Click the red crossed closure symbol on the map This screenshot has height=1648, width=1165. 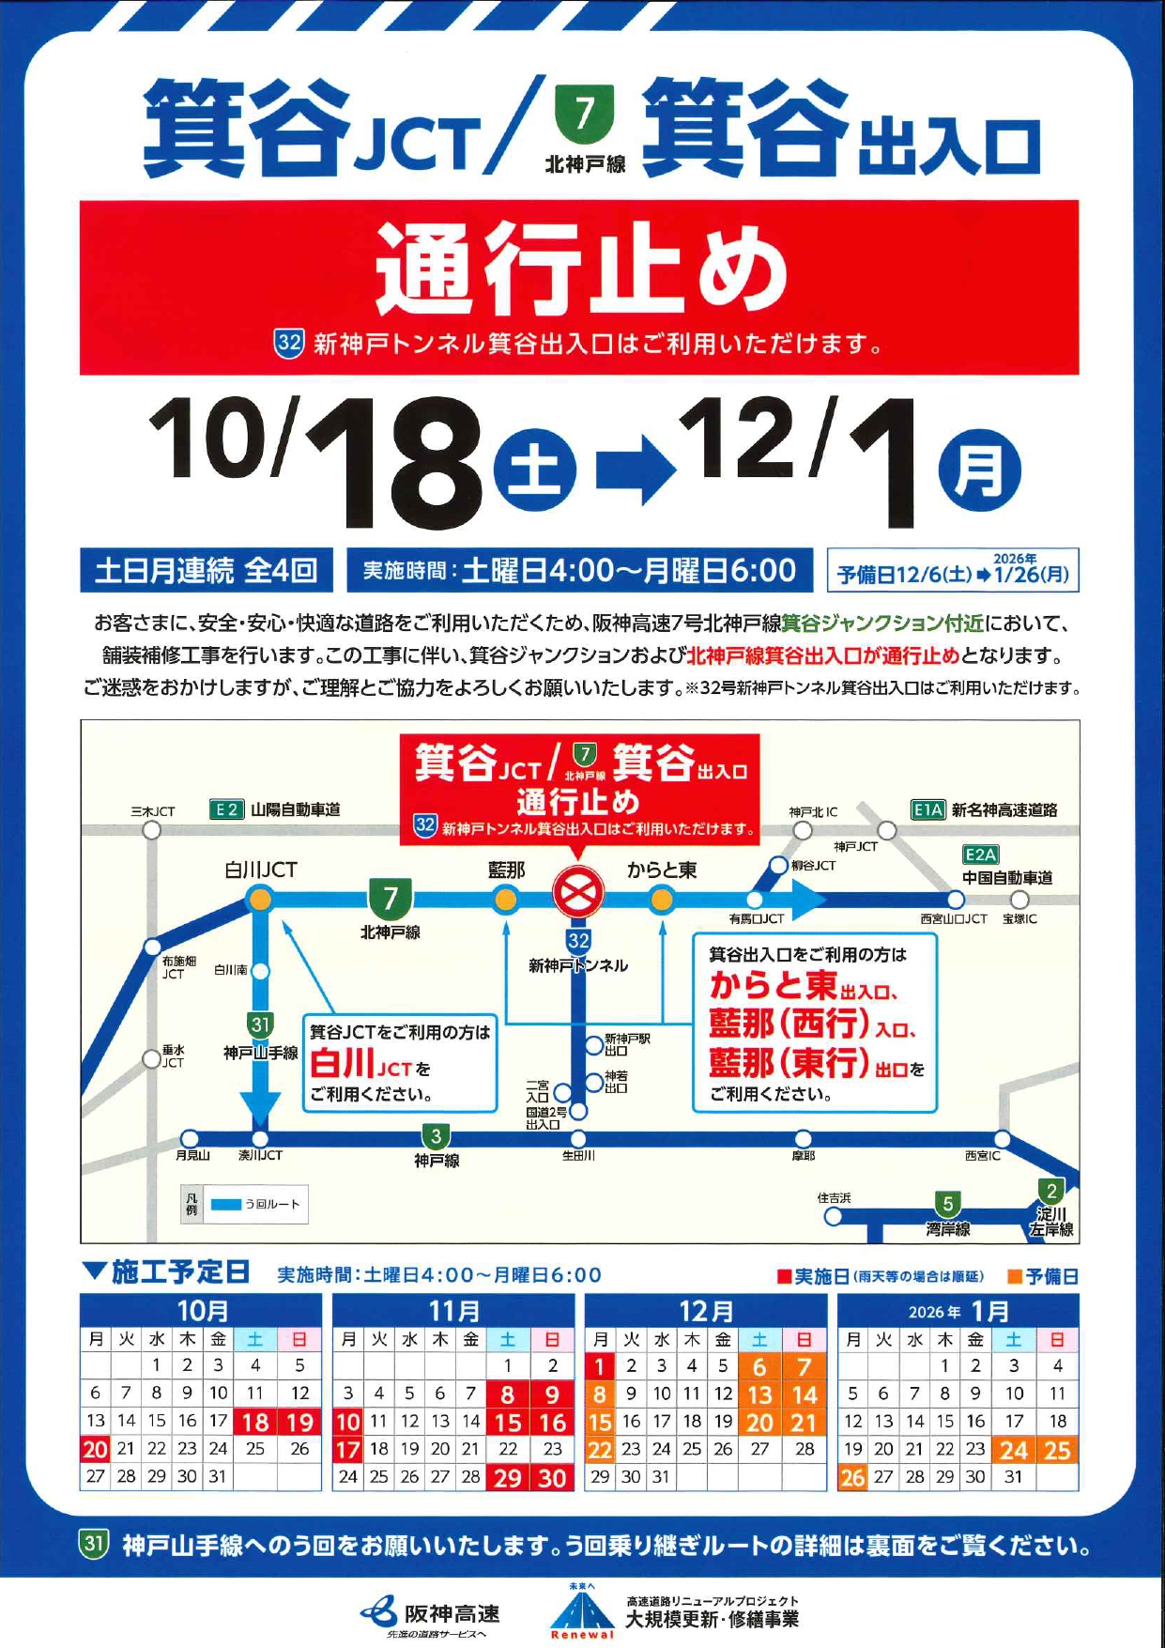(x=578, y=891)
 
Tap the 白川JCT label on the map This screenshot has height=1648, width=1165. (x=260, y=870)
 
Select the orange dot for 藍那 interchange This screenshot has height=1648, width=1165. (x=506, y=901)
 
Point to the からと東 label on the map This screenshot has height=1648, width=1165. (x=662, y=870)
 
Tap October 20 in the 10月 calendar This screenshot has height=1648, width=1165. (x=95, y=1449)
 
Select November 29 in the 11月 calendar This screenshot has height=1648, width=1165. (x=507, y=1477)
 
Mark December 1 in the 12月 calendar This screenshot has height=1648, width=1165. (x=600, y=1366)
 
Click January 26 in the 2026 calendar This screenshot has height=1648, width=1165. (x=852, y=1477)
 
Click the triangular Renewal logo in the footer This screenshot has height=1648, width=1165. (x=581, y=1612)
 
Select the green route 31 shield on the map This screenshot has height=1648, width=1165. (x=261, y=1024)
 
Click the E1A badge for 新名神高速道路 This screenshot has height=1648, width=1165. (x=927, y=809)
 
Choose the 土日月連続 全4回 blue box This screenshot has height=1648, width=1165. (x=206, y=570)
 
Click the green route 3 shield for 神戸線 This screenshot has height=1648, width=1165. (x=436, y=1136)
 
